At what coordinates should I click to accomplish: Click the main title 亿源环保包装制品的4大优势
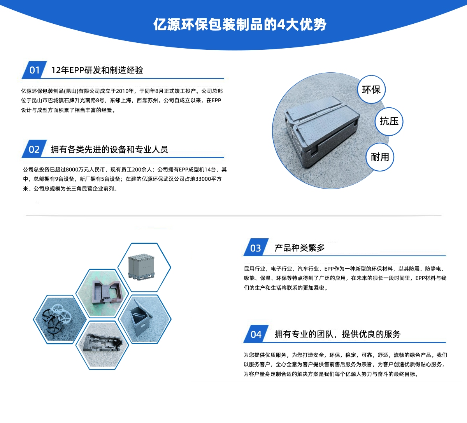[240, 24]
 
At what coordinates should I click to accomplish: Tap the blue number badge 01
[34, 70]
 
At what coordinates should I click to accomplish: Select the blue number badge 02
[34, 149]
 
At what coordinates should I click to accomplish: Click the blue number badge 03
[256, 248]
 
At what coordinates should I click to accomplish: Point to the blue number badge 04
[256, 334]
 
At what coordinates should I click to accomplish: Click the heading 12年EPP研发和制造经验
[97, 70]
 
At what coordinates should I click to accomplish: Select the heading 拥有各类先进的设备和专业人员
[109, 149]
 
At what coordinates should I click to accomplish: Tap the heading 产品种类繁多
[300, 248]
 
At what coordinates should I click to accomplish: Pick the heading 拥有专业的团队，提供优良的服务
[337, 334]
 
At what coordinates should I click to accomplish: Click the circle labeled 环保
[371, 89]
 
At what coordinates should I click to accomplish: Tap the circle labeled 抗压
[389, 121]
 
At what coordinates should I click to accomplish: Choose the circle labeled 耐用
[380, 157]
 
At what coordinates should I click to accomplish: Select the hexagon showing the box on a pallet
[144, 267]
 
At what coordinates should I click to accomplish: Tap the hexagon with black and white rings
[60, 319]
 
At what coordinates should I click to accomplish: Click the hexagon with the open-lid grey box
[145, 319]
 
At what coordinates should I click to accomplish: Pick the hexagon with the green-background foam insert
[102, 294]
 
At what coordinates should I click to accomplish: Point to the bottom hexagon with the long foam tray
[102, 345]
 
